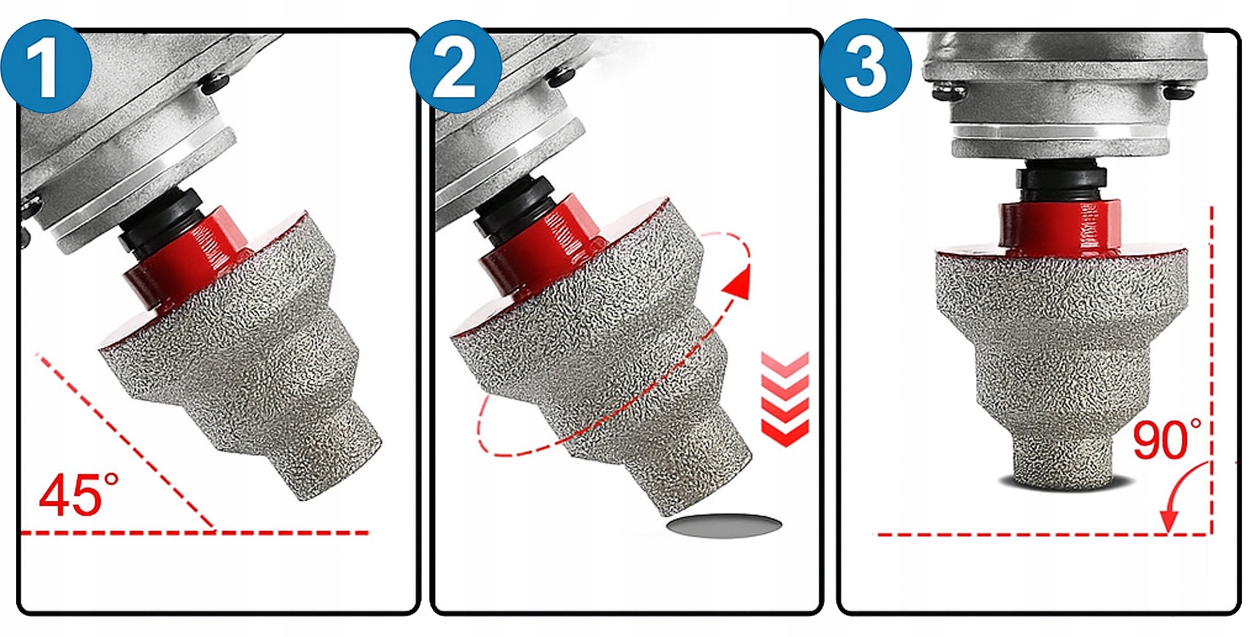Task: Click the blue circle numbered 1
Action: coord(47,66)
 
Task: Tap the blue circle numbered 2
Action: coord(456,66)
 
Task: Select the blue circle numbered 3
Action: coord(866,66)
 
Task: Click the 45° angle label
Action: coord(79,494)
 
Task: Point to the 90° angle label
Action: coord(1166,440)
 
